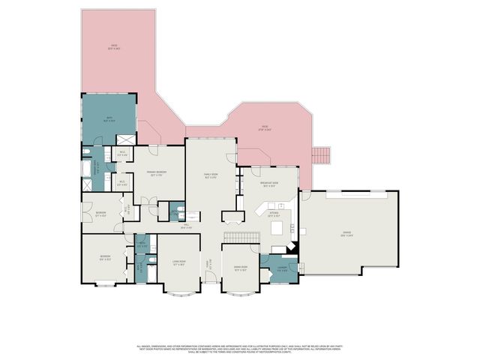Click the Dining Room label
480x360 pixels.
(x=241, y=268)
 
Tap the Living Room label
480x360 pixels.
(x=178, y=263)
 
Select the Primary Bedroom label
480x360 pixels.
(x=157, y=174)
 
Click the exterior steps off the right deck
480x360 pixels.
(x=321, y=155)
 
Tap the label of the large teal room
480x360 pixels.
(x=109, y=118)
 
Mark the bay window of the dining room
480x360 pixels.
(x=241, y=291)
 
